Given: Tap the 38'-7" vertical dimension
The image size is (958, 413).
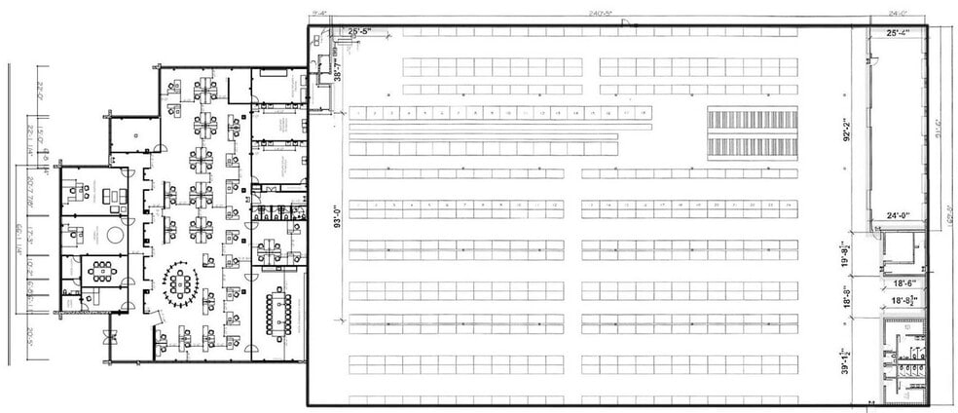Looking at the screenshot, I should (x=338, y=68).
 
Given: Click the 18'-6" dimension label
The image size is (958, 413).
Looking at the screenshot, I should (x=901, y=282).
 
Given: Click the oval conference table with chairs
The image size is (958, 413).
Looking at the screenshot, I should (x=181, y=282).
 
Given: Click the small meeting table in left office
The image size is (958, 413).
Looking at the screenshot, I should (x=98, y=268).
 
